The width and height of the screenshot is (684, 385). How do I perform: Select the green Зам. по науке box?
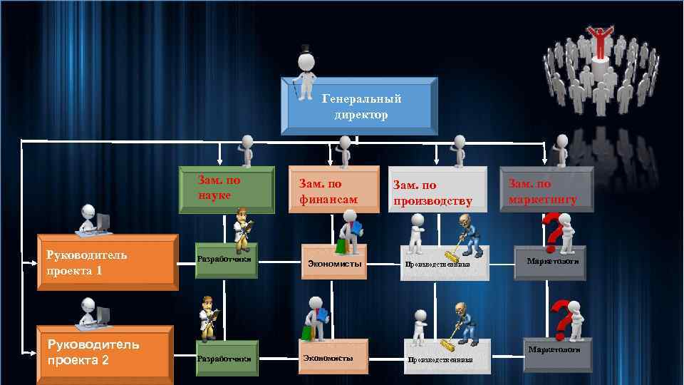click(227, 190)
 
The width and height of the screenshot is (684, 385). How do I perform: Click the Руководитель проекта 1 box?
click(107, 262)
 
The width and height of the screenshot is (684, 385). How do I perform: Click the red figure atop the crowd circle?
click(599, 41)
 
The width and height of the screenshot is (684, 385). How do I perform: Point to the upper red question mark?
click(551, 230)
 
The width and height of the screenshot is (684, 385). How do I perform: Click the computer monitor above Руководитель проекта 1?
click(103, 222)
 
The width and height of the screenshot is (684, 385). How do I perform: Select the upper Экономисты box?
click(333, 264)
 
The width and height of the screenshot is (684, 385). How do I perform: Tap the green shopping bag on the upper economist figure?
click(341, 247)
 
